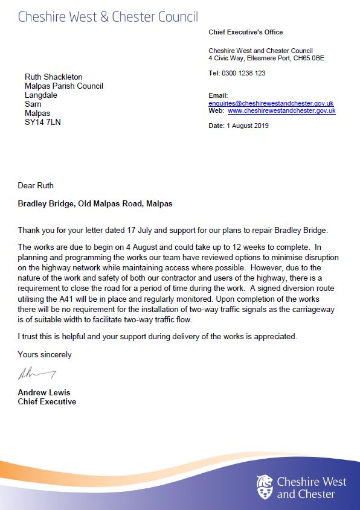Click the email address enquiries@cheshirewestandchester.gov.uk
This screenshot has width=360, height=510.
[271, 104]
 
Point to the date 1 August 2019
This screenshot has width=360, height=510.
[248, 126]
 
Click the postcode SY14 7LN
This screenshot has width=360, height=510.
[43, 123]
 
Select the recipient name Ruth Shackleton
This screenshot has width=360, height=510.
[53, 77]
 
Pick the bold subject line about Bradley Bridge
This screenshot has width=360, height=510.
[95, 204]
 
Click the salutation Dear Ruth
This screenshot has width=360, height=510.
[36, 185]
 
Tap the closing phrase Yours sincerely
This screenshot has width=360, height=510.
[45, 355]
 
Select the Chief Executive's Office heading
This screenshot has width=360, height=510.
[246, 32]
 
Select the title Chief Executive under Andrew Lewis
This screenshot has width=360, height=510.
[47, 402]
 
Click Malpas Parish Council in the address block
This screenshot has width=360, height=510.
[64, 86]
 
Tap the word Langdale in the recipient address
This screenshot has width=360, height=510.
[42, 95]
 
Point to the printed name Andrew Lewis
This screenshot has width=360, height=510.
[44, 393]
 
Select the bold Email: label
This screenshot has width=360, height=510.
[218, 95]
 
